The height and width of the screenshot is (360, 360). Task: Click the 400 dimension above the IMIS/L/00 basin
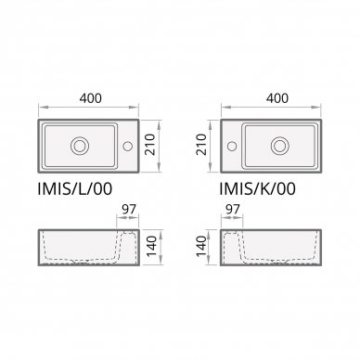(x=90, y=98)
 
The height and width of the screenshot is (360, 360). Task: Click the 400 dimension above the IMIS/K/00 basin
(x=277, y=98)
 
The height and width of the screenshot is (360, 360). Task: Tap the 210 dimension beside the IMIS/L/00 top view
(x=150, y=145)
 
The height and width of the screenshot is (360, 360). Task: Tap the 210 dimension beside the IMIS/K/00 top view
(x=201, y=145)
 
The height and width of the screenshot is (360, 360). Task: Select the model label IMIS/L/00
(x=74, y=188)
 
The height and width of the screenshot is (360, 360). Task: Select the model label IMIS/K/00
(x=257, y=188)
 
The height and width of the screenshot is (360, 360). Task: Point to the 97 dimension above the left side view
(x=129, y=210)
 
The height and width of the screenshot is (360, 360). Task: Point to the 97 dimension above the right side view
(x=233, y=210)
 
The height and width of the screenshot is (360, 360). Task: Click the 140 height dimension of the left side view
(x=151, y=246)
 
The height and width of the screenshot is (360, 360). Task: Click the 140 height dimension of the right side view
(x=201, y=246)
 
